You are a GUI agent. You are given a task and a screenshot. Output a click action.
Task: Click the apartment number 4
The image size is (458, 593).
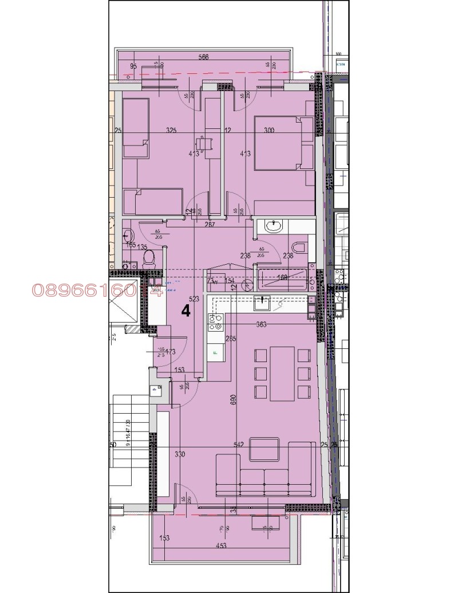pyautogui.click(x=185, y=311)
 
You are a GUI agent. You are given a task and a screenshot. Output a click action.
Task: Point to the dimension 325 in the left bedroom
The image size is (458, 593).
pyautogui.click(x=171, y=131)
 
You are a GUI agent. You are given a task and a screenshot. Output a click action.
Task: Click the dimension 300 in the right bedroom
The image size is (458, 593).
pyautogui.click(x=269, y=131)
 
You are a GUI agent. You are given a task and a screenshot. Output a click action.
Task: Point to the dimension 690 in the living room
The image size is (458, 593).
pyautogui.click(x=233, y=399)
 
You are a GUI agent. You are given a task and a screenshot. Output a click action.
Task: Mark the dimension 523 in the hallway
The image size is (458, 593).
pyautogui.click(x=194, y=299)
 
